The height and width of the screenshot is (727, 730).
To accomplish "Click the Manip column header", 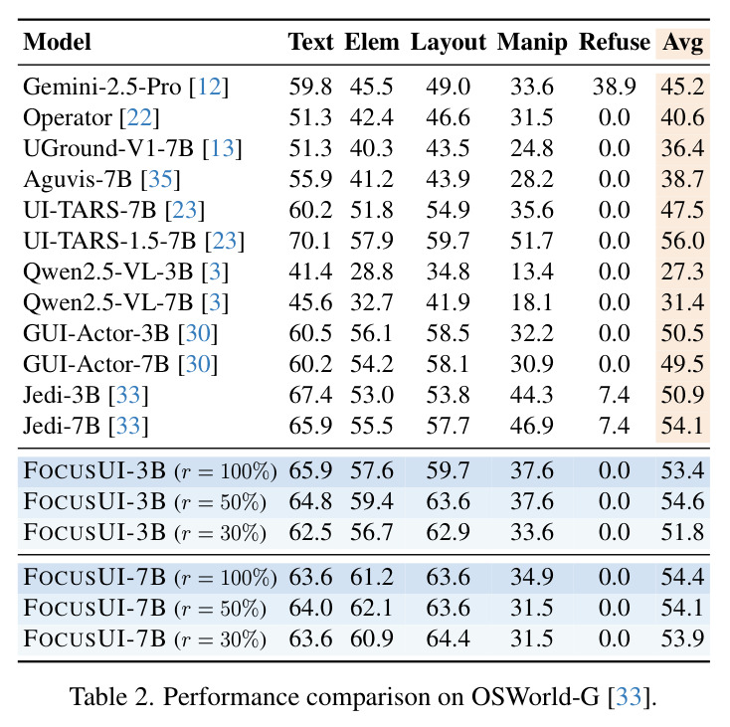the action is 532,43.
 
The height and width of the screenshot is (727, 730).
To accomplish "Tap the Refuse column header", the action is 615,42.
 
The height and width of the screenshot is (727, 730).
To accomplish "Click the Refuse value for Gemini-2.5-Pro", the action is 614,87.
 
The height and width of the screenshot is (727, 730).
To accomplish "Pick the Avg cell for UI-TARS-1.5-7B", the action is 682,241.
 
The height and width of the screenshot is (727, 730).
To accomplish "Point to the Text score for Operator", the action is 310,117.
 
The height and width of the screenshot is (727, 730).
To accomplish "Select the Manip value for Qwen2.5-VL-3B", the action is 532,272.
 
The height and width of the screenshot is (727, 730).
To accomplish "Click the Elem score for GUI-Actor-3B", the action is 372,333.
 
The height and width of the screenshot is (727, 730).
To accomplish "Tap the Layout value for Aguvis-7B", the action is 448,179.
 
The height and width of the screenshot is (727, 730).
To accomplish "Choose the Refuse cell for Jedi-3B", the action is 614,395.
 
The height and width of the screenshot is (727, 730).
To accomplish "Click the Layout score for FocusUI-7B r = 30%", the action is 448,638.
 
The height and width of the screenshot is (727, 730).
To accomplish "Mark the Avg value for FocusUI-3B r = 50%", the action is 682,501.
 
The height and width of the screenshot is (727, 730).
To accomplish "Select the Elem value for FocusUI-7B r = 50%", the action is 372,608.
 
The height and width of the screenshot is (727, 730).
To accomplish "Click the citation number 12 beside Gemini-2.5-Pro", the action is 210,87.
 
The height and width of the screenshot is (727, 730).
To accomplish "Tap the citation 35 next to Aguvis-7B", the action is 160,179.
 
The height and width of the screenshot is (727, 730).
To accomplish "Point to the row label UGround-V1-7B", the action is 108,148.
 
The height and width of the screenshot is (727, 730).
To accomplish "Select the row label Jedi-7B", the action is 62,426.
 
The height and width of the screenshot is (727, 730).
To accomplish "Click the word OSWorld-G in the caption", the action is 535,697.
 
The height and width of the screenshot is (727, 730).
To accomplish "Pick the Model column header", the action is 57,42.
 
